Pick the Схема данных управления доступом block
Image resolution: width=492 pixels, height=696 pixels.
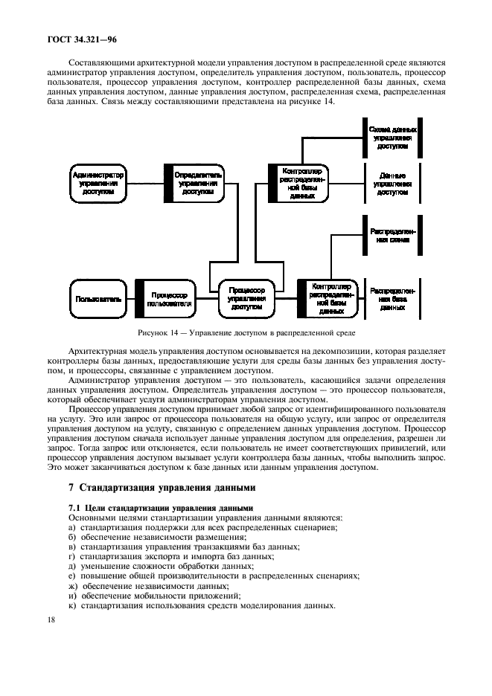click(x=392, y=138)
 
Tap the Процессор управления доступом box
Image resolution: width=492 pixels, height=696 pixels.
click(x=247, y=299)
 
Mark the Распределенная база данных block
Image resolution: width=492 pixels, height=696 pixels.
click(x=392, y=299)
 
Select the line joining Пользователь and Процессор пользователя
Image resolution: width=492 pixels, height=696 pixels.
click(x=130, y=299)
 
